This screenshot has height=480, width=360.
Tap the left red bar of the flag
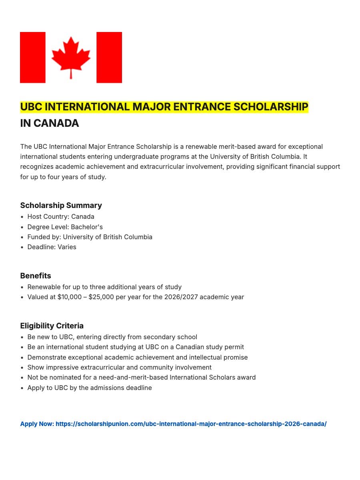coord(33,58)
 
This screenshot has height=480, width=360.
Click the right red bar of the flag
coord(109,58)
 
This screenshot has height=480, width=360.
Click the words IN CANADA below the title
coord(50,124)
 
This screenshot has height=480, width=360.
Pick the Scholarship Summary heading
coord(61,206)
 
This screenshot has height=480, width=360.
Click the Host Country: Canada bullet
coord(61,217)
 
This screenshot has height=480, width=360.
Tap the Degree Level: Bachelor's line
coord(65,227)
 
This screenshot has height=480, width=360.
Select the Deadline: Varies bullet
coord(52,247)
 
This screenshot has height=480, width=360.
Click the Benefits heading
coord(36,276)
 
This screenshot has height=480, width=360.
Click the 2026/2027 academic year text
coord(204,297)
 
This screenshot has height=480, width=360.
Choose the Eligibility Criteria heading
coord(52,326)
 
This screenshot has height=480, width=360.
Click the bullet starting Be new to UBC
coord(112,337)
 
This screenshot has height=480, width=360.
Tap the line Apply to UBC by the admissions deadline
coord(90,388)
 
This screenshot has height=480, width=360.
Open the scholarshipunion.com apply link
coord(191,424)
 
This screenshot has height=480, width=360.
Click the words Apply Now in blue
coord(37,424)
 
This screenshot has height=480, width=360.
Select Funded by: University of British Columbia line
coord(90,237)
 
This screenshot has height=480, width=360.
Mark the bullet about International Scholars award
coord(141,378)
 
